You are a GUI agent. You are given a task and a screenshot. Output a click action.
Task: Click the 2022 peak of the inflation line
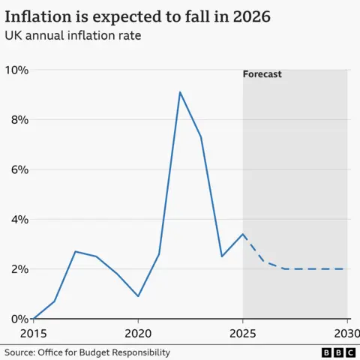pos(180,92)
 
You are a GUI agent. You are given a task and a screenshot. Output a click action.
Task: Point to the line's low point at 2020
pos(138,296)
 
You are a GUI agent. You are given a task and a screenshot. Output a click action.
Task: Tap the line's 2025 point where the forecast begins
pos(243,234)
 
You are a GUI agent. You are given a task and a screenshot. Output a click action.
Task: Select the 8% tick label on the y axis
pos(18,120)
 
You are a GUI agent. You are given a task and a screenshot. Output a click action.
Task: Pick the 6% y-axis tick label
pos(18,169)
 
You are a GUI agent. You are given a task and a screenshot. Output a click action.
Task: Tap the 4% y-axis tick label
pos(18,220)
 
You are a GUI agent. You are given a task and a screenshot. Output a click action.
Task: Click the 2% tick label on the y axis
pos(18,269)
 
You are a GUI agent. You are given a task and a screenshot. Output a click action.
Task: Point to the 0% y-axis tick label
pos(18,319)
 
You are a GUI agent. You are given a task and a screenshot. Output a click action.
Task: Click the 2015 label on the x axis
pos(33,332)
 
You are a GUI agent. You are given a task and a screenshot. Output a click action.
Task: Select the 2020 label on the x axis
pos(138,332)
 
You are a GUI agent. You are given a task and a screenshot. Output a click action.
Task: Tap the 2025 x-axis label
pos(243,332)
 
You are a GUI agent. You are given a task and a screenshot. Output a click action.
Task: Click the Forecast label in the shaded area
pos(262,74)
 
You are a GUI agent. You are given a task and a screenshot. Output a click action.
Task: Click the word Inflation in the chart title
pos(40,16)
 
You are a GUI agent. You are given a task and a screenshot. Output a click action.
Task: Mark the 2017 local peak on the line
pos(75,251)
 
